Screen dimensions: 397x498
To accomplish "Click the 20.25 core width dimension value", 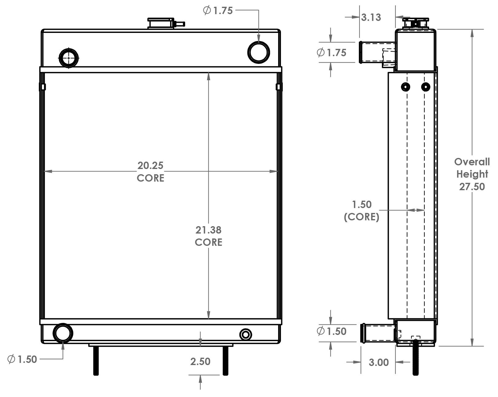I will (150, 166).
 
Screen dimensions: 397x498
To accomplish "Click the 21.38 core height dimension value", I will (208, 230).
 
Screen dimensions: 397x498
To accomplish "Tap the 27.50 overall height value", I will (472, 187).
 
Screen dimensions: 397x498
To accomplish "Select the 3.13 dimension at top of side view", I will (371, 18).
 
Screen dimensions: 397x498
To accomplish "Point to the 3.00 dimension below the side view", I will (379, 363).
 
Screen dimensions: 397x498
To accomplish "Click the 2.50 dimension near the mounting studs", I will (200, 362).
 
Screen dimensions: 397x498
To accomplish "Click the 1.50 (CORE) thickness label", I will (362, 211).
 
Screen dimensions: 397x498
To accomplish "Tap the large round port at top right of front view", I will (259, 52).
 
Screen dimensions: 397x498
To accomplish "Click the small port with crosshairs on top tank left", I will (68, 57).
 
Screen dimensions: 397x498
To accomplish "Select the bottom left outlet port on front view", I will (63, 333).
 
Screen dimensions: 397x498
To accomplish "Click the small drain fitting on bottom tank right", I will (245, 334).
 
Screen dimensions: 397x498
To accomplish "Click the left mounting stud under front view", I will (95, 361).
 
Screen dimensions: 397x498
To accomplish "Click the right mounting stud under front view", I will (225, 361).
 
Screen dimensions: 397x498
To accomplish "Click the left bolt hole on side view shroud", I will (405, 87).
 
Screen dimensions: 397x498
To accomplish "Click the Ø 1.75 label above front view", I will (218, 11).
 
